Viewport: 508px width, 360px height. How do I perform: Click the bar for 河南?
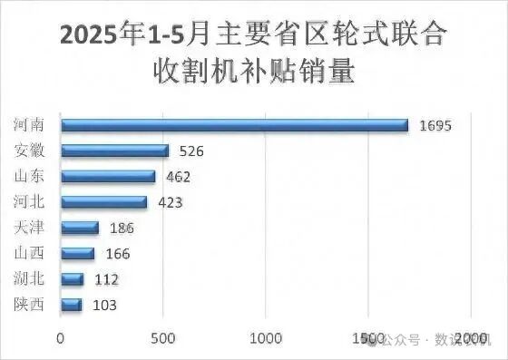coord(234,125)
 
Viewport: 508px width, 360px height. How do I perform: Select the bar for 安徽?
coord(114,151)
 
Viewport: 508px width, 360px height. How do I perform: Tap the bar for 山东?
coord(107,176)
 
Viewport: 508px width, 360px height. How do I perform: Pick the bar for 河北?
coord(103,201)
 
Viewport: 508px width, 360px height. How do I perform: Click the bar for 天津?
coord(79,228)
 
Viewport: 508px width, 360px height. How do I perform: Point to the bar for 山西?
coord(77,253)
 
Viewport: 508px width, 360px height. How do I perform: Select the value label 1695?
coord(435,125)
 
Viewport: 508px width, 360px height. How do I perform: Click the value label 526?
coord(191,151)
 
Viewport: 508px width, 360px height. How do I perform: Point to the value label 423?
coord(170,201)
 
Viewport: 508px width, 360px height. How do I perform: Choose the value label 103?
coord(104,305)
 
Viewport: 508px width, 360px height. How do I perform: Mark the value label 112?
coord(106,279)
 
